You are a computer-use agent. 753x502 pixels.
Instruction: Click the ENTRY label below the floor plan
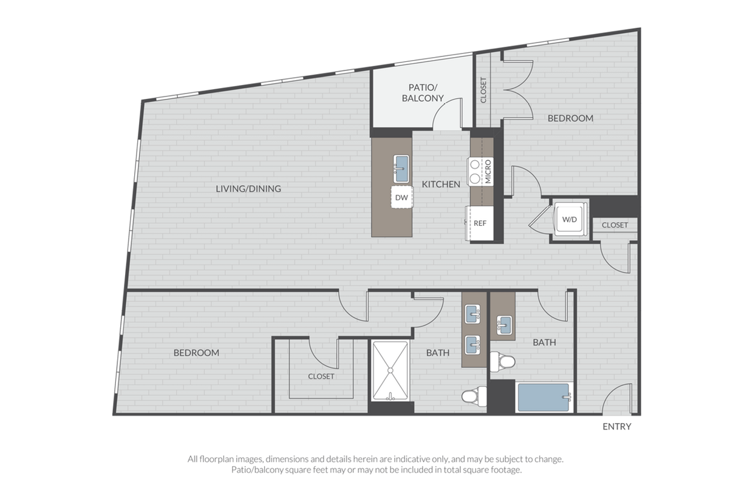617,426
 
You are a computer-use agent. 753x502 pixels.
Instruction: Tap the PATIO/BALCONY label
423,93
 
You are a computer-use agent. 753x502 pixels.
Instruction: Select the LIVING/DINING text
248,189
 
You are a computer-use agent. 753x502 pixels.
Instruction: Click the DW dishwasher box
402,197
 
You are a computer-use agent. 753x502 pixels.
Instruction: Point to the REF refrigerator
480,223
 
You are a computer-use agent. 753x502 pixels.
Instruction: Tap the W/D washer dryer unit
570,219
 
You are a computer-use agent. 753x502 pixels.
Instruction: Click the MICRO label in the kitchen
488,172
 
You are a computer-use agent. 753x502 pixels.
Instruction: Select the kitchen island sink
401,169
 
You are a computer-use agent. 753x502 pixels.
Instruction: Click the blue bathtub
543,398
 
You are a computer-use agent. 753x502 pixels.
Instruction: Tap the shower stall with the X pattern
390,370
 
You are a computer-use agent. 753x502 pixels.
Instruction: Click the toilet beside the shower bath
474,396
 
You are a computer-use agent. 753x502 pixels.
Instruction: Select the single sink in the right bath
504,325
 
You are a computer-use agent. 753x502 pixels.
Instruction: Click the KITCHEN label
441,184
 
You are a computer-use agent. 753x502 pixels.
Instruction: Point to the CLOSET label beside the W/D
615,225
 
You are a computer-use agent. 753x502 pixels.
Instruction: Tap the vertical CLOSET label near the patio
483,90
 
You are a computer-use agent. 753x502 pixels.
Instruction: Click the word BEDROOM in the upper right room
570,118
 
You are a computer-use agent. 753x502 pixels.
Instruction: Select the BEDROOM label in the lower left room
196,353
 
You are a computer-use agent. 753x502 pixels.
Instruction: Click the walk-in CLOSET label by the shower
321,376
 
